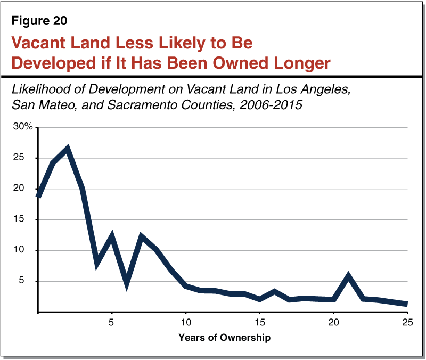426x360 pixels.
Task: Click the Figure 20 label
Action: [40, 22]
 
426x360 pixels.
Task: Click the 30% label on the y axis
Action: [24, 127]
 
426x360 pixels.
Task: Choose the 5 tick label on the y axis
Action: [30, 281]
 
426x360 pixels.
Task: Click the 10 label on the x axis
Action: [185, 322]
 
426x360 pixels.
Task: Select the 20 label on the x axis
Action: [333, 322]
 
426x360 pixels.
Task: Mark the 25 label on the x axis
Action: [407, 322]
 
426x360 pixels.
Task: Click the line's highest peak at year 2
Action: [68, 149]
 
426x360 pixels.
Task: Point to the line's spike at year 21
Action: [348, 276]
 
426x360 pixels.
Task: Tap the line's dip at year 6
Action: [126, 284]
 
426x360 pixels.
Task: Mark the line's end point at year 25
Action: [407, 304]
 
